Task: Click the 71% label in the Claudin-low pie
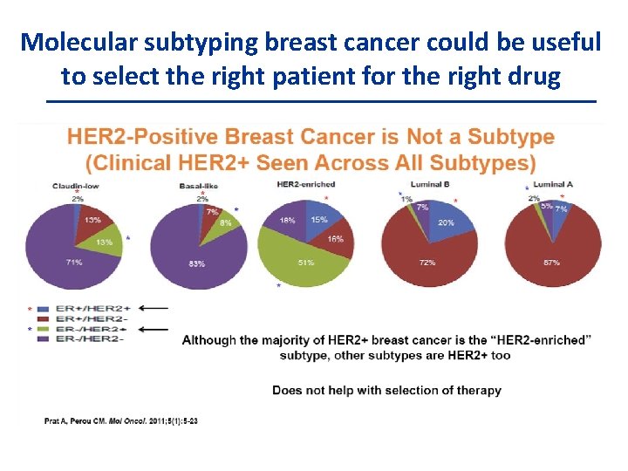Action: tap(73, 262)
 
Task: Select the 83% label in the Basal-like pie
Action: tap(196, 263)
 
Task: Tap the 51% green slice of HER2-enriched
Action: tap(306, 261)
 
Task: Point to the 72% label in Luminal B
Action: tap(427, 262)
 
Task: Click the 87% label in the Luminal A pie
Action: tap(550, 262)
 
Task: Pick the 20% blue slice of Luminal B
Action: tap(446, 222)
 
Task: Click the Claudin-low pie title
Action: tap(74, 185)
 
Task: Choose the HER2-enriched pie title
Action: tap(305, 184)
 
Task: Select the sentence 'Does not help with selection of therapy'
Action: tap(386, 390)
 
